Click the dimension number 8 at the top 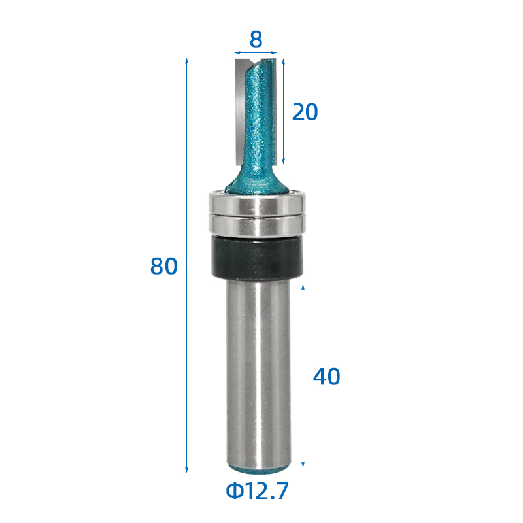tap(256, 39)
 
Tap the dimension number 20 tap(305, 112)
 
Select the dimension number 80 tap(164, 266)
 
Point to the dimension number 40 tap(326, 377)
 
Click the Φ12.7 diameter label tap(257, 491)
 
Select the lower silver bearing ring tap(257, 225)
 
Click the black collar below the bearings tap(257, 257)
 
